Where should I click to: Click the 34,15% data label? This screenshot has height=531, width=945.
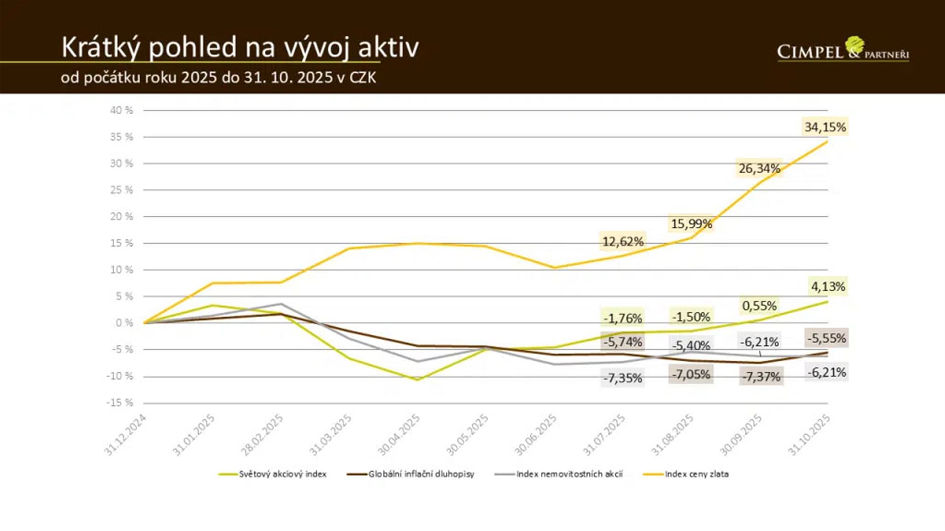coord(825,127)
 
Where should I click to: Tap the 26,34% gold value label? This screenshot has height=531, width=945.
coord(759,169)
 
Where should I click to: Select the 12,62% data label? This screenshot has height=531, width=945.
coord(623,241)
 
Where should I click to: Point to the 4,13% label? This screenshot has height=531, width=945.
coord(828,286)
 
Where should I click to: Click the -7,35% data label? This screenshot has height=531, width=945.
coord(623,378)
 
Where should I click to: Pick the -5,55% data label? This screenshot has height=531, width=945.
coord(826,338)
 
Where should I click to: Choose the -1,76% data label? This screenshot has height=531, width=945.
coord(623,318)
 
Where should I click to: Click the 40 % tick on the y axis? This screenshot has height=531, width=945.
coord(122,110)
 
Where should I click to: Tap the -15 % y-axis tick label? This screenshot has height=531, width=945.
coord(120,403)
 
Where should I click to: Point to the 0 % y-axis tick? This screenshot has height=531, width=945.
coord(124,323)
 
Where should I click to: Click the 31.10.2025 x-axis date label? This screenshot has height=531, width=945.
coord(810,435)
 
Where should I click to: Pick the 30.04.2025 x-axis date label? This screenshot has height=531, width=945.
coord(399,435)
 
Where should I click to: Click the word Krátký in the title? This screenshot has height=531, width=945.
coord(101,48)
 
